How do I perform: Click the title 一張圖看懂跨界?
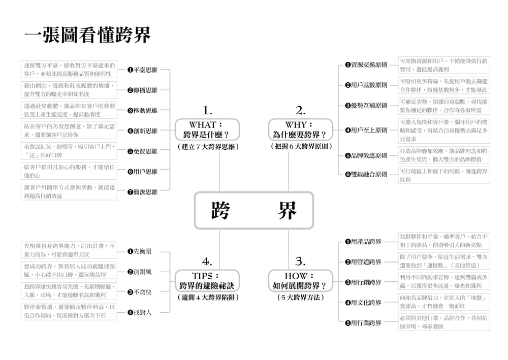pyautogui.click(x=88, y=36)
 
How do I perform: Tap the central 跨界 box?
pyautogui.click(x=254, y=210)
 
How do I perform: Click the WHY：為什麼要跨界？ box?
pyautogui.click(x=300, y=129)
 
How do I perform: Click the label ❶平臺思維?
pyautogui.click(x=142, y=70)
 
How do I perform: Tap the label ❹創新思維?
pyautogui.click(x=142, y=130)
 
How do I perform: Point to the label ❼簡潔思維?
pyautogui.click(x=142, y=192)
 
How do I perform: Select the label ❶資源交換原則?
pyautogui.click(x=366, y=64)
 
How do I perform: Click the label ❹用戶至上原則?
pyautogui.click(x=366, y=130)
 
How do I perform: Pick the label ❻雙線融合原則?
pyautogui.click(x=366, y=174)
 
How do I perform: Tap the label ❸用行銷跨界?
pyautogui.click(x=363, y=282)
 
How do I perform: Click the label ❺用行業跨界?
pyautogui.click(x=363, y=323)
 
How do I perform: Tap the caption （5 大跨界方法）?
pyautogui.click(x=300, y=298)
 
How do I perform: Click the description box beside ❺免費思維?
pyautogui.click(x=69, y=151)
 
